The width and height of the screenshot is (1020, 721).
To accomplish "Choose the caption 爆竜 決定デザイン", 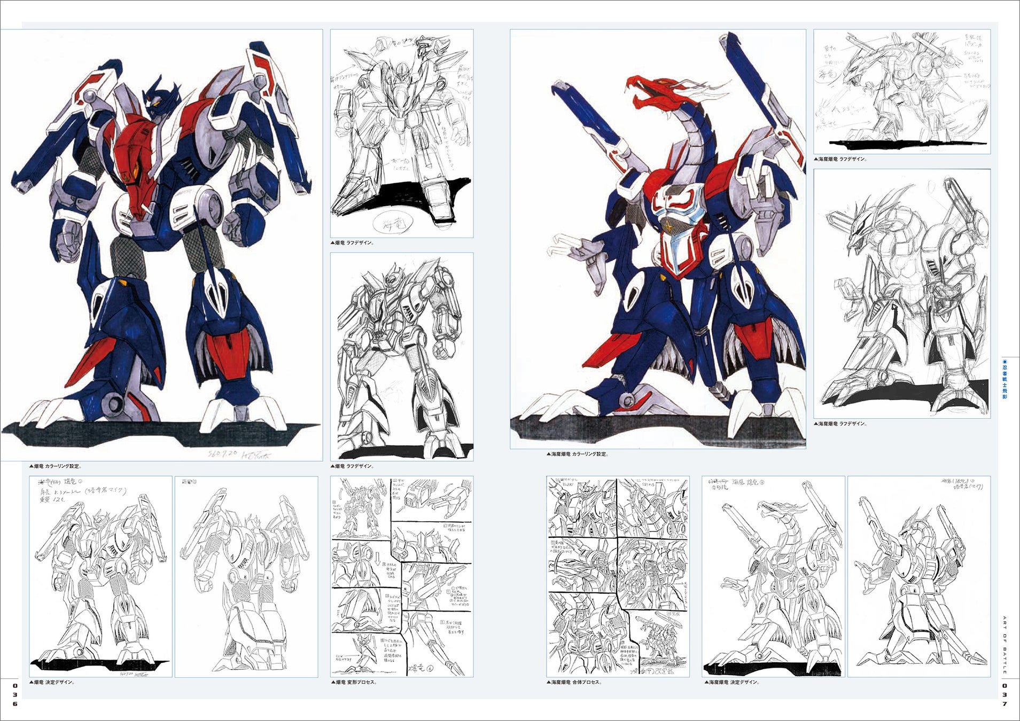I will [52, 682].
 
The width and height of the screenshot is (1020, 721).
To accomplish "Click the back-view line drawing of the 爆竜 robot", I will [246, 577].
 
